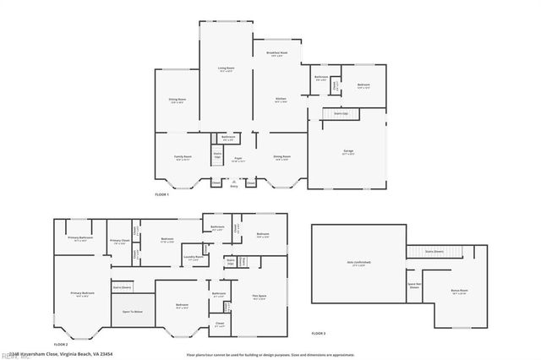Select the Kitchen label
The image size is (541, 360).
(x=281, y=101)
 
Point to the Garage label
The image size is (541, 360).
(x=347, y=153)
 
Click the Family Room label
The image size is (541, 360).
(x=183, y=157)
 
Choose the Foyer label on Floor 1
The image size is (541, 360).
(x=239, y=159)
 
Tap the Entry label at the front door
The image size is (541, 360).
(x=234, y=186)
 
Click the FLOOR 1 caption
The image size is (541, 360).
(x=161, y=195)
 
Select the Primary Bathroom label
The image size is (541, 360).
(x=80, y=239)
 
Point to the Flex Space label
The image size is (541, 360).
(x=260, y=296)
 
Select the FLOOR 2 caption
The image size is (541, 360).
(x=61, y=344)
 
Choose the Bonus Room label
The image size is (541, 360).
(x=459, y=291)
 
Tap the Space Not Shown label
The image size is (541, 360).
(x=414, y=286)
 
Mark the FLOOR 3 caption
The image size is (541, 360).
(x=319, y=334)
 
